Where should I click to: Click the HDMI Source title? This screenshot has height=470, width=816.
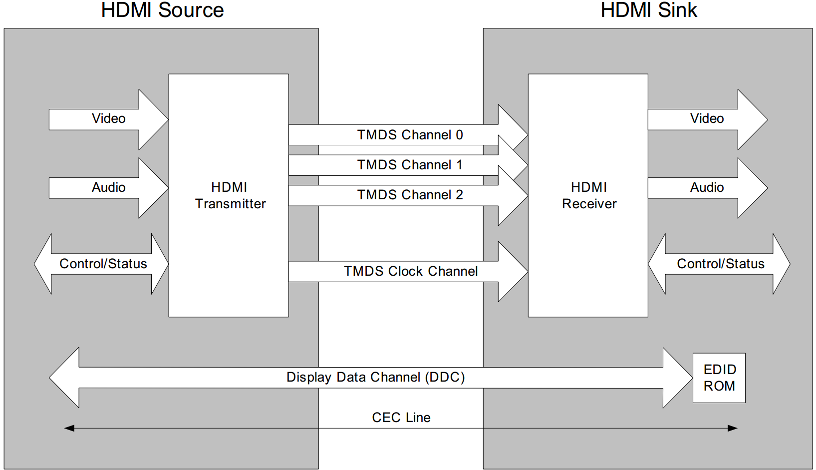click(x=162, y=10)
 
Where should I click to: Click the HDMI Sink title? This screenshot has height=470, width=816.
click(x=648, y=10)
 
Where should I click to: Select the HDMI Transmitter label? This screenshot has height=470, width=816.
click(x=230, y=195)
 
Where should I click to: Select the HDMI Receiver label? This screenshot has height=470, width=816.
click(x=589, y=195)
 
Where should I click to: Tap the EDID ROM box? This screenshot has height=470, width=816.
click(x=719, y=378)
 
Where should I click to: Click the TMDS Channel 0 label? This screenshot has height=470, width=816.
click(x=410, y=135)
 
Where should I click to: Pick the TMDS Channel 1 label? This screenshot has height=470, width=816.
click(x=410, y=165)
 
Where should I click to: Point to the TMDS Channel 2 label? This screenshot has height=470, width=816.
click(x=410, y=195)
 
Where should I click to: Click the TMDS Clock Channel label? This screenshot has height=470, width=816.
click(x=410, y=271)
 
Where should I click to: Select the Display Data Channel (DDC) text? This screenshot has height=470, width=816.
click(x=375, y=377)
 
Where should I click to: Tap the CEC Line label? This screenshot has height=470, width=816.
click(x=401, y=418)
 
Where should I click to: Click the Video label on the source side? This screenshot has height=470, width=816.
click(x=108, y=119)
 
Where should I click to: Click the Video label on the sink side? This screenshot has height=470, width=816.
click(x=707, y=119)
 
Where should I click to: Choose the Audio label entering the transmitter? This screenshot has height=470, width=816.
click(x=108, y=187)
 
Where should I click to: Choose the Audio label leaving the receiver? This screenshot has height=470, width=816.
click(x=707, y=187)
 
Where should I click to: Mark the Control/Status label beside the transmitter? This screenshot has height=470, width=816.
click(x=103, y=264)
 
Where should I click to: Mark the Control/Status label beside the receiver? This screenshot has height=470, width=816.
click(x=720, y=264)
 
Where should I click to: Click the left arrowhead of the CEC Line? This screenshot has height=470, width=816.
click(x=69, y=428)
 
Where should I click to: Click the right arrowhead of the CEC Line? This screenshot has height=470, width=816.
click(x=732, y=428)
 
